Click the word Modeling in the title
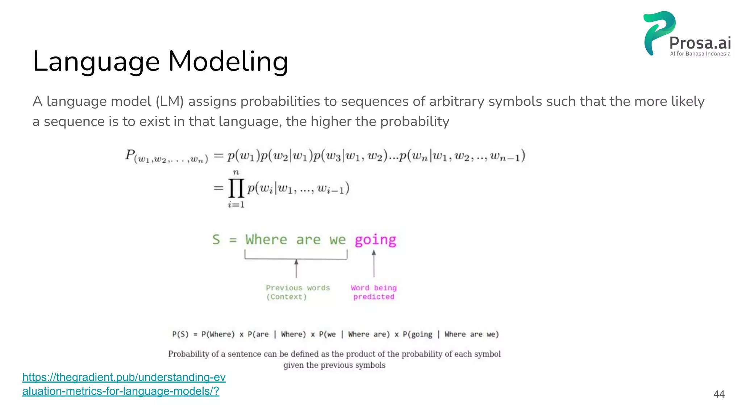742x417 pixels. coord(228,62)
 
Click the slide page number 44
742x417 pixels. coord(719,394)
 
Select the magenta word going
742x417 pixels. coord(375,240)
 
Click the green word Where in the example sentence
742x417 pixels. coord(266,240)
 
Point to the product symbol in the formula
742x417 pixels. coord(236,188)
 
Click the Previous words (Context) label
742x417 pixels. coord(298,292)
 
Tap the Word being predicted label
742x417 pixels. coord(374,292)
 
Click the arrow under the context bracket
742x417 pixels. coord(296,268)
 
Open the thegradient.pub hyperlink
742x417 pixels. coord(124,384)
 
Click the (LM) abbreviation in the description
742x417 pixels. coord(170,101)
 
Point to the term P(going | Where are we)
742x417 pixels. coord(451,334)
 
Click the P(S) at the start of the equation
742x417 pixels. coord(180,334)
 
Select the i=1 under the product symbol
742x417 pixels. coord(236,205)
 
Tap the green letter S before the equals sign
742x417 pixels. coord(216,240)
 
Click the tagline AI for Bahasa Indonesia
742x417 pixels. coord(700,54)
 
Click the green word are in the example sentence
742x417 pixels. coord(308,240)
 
